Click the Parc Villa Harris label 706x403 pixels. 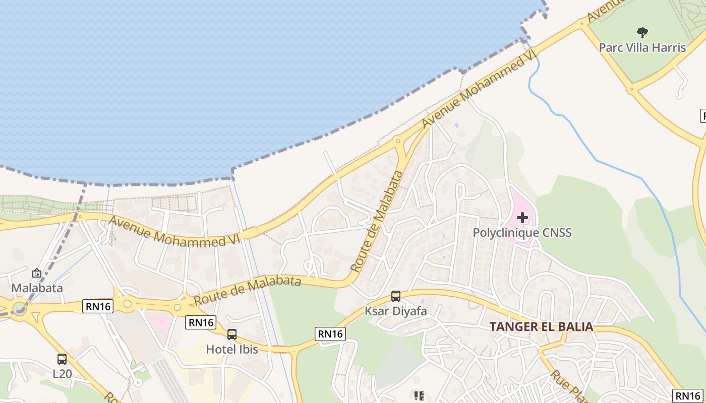coord(642,47)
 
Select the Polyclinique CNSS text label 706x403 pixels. coord(522,233)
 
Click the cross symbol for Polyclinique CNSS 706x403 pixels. coord(522,218)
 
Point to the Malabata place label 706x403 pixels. coord(37,288)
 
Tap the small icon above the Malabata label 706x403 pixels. coord(37,274)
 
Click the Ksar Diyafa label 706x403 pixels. coord(396,311)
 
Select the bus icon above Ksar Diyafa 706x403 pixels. coord(396,296)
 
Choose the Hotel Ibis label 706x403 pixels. coord(232,349)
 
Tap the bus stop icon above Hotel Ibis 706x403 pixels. coord(232,334)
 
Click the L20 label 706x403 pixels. coord(62,374)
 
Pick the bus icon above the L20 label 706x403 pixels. coord(62,359)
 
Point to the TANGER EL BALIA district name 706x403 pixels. coord(541,326)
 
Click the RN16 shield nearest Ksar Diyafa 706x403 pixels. coord(331,333)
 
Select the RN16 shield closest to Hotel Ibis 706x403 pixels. coord(201,322)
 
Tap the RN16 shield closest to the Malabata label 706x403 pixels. coord(97,306)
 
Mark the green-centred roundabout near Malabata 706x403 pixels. coord(20,307)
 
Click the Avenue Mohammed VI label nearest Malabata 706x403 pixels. coord(174,232)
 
